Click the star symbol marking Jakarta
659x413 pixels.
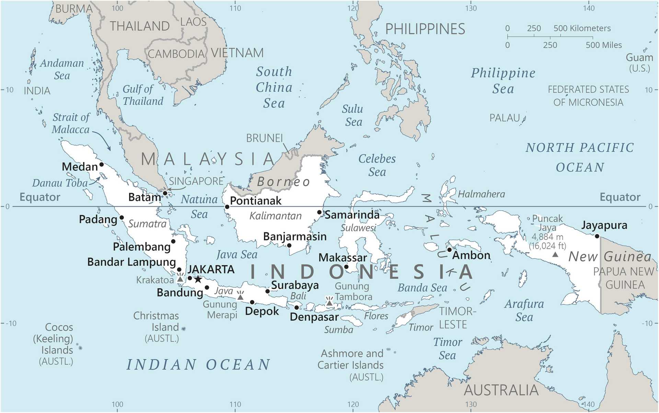[198, 279]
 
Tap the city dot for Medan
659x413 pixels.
[102, 164]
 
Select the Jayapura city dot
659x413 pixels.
[597, 236]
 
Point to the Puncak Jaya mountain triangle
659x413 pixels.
[555, 255]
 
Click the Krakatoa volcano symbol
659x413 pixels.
[180, 278]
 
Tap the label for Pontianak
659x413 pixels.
[255, 201]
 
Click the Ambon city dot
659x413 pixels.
[449, 250]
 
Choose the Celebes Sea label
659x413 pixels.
[377, 165]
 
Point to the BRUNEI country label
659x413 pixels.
[264, 138]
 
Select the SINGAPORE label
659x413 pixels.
[196, 181]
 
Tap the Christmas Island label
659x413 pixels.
[156, 321]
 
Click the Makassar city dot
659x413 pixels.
[346, 267]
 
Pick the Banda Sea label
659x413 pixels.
[422, 288]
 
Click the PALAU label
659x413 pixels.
[505, 118]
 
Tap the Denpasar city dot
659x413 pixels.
[297, 308]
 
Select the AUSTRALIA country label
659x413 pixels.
[501, 390]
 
